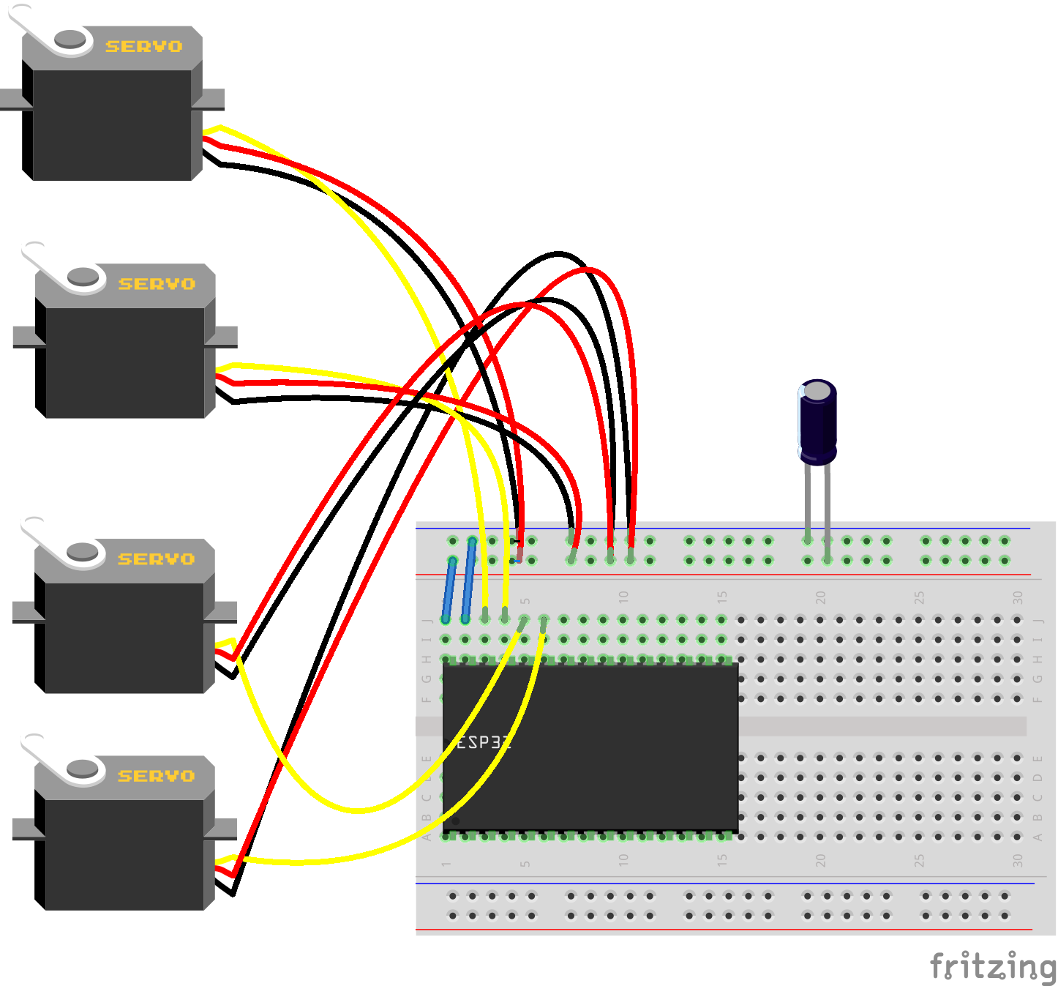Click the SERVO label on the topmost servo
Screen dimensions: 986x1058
point(143,47)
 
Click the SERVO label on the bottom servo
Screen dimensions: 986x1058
point(157,776)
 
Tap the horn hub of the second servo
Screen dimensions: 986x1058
point(83,277)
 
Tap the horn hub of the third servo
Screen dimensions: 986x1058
point(82,551)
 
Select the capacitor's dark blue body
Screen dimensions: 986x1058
point(817,428)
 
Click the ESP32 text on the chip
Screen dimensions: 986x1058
point(481,742)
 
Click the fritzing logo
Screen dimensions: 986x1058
point(992,966)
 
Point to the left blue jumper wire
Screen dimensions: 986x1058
point(449,590)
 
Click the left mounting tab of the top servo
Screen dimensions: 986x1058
point(11,100)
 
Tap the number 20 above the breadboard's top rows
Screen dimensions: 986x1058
point(820,597)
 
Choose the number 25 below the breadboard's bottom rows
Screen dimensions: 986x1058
point(919,861)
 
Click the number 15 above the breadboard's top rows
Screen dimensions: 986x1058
point(722,597)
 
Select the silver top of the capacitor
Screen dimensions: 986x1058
point(817,390)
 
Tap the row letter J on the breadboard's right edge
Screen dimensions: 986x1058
point(1037,621)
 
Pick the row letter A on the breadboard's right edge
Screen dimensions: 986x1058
point(1037,837)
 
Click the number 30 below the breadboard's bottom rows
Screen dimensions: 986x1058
point(1018,861)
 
